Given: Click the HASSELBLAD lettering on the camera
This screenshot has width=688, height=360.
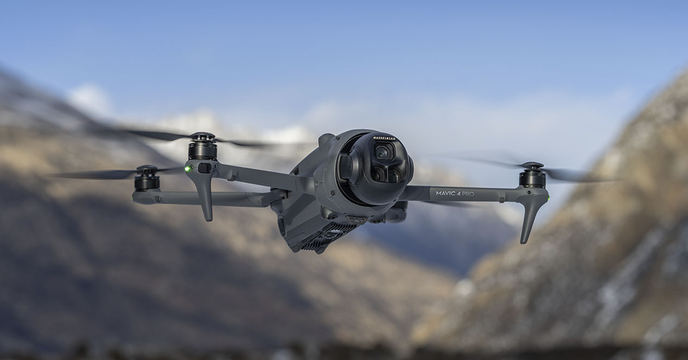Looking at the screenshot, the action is (384, 138).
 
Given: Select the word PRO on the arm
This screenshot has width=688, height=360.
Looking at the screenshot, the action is (468, 194).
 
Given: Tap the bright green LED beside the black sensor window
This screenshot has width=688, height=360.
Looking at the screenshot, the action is (187, 169).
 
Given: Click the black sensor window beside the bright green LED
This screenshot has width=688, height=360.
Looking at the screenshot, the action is (204, 168).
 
